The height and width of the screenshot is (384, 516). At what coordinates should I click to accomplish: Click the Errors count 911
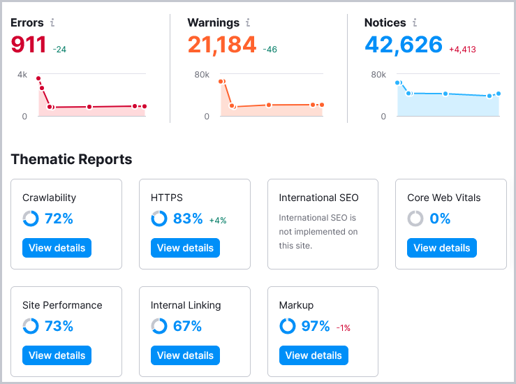[x=28, y=45]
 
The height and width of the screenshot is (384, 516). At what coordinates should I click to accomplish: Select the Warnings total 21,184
[x=221, y=45]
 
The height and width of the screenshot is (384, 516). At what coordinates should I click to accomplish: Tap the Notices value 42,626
[x=403, y=45]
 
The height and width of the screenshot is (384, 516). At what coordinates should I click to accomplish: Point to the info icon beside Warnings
[x=248, y=23]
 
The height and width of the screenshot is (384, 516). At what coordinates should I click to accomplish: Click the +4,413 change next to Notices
[x=462, y=50]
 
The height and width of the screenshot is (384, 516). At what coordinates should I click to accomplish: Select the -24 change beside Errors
[x=59, y=50]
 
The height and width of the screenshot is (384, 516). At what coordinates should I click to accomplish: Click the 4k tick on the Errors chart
[x=22, y=75]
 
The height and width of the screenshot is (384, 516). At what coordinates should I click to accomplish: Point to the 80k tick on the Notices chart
[x=378, y=75]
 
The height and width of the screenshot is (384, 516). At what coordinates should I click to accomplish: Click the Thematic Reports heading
[x=71, y=160]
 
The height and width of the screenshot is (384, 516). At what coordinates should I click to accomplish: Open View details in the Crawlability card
[x=57, y=248]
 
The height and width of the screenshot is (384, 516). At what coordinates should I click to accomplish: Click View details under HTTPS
[x=185, y=248]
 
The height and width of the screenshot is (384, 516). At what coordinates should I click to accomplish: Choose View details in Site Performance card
[x=57, y=355]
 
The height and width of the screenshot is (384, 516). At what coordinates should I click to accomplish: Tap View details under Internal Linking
[x=185, y=355]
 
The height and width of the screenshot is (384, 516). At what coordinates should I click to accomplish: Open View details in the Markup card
[x=314, y=355]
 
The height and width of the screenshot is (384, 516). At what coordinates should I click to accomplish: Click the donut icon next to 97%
[x=287, y=326]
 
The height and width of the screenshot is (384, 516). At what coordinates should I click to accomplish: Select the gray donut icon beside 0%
[x=415, y=219]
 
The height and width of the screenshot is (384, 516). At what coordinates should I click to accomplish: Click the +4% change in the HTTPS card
[x=218, y=221]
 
